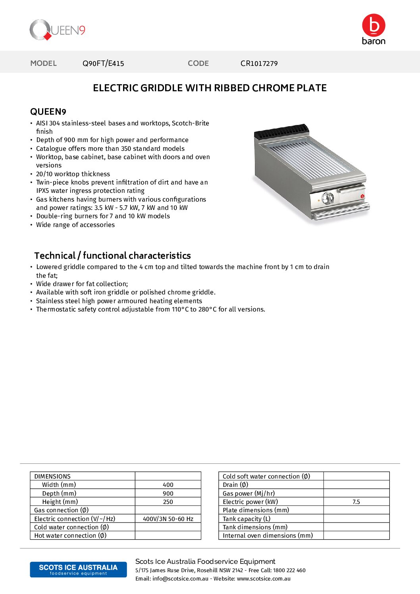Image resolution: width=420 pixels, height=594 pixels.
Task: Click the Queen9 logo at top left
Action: [x=57, y=30]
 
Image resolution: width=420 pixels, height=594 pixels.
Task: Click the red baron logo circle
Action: [x=373, y=25]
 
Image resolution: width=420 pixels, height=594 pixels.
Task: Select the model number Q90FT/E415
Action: [x=103, y=63]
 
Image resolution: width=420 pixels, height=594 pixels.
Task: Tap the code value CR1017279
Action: [x=259, y=63]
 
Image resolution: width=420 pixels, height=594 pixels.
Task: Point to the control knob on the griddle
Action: [x=328, y=198]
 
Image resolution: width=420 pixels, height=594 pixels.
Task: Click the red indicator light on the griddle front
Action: [x=362, y=196]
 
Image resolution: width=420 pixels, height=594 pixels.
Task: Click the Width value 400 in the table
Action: [x=168, y=485]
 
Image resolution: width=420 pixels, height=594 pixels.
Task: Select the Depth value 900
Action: [x=168, y=494]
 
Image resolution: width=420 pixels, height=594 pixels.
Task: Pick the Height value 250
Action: [x=168, y=502]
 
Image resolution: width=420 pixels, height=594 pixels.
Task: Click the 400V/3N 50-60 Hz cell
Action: [x=168, y=519]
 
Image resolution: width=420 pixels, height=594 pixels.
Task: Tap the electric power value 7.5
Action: [x=356, y=502]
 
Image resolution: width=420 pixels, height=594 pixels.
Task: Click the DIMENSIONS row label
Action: [x=52, y=477]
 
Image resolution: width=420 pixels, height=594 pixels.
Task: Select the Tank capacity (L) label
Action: [x=247, y=519]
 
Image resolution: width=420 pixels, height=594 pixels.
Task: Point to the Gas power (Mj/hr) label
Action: [x=249, y=494]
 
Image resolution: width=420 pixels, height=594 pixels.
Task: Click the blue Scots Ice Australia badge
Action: [x=78, y=569]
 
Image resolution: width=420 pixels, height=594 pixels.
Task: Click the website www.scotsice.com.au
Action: [x=264, y=579]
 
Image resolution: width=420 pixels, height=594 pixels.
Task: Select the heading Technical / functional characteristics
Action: [x=112, y=256]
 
